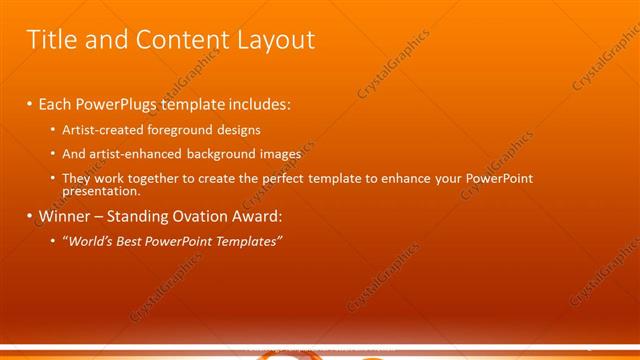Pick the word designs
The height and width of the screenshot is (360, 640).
(x=240, y=129)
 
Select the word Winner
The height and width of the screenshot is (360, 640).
(x=64, y=215)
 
